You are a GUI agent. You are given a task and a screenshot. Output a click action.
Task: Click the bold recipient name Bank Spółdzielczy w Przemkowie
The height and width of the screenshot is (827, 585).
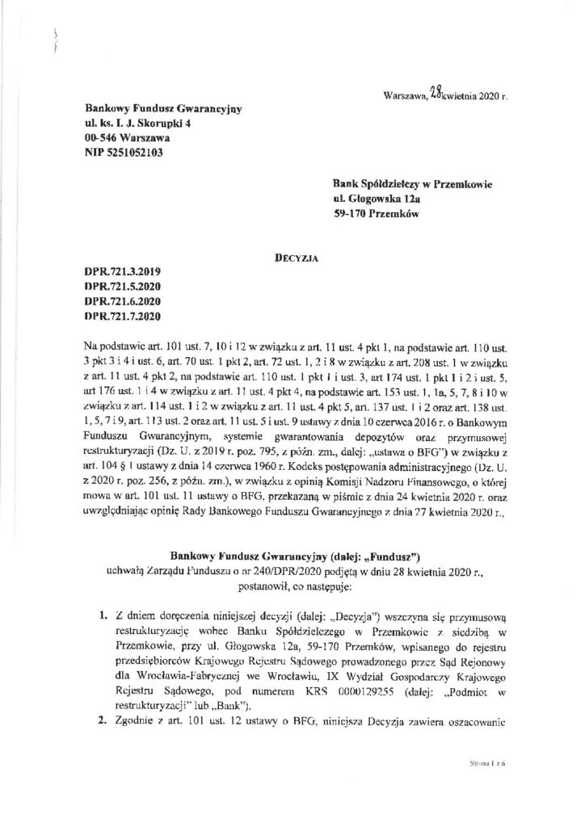pos(412,184)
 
